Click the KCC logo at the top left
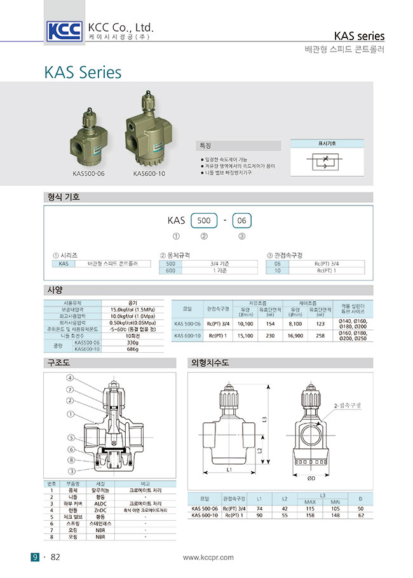point(64,31)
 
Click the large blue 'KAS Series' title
point(83,72)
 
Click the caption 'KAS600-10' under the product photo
point(149,173)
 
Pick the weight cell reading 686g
point(133,348)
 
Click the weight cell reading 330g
point(133,342)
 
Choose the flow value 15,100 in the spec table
point(245,336)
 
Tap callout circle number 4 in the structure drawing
point(69,378)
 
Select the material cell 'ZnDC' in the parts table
point(100,511)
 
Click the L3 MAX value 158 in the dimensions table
point(310,515)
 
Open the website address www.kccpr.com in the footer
point(208,558)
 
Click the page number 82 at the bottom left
point(55,558)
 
